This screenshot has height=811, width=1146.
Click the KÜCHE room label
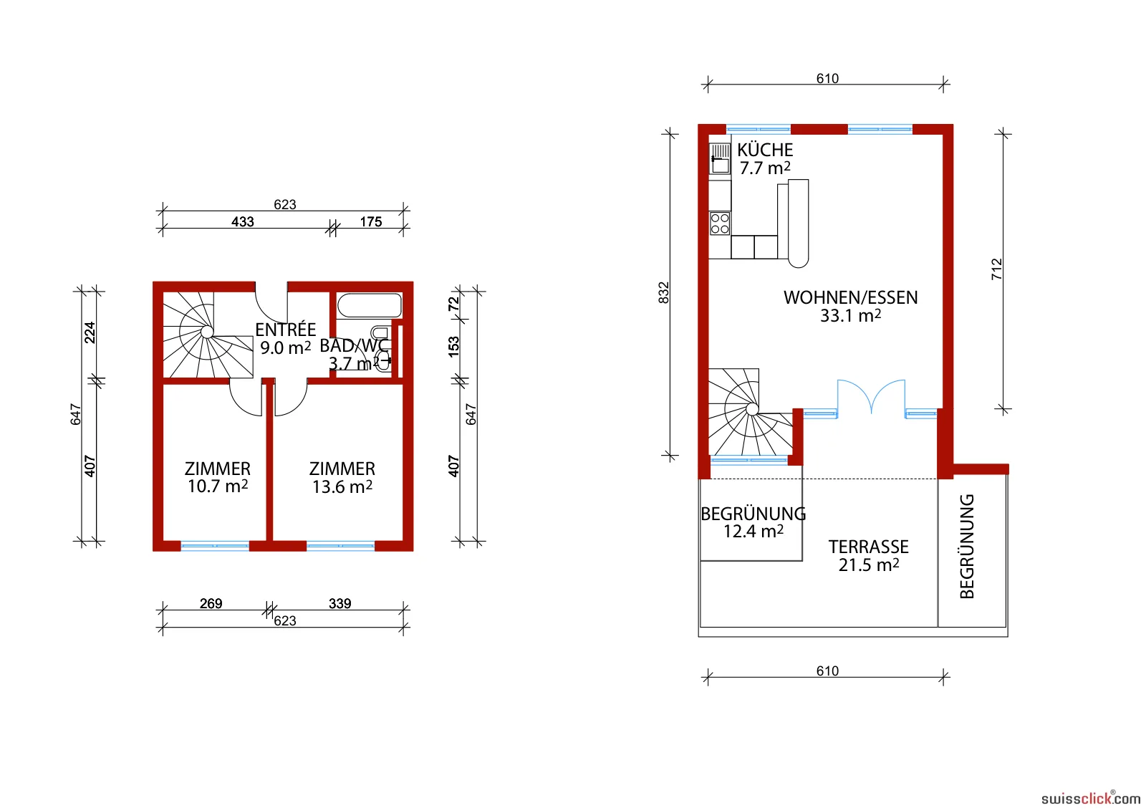765,150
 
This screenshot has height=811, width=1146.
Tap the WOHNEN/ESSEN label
850,298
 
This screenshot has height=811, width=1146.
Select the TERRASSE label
869,547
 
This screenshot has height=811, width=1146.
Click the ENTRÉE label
286,329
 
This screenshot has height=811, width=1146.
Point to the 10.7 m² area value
218,486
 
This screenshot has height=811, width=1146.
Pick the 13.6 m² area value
342,486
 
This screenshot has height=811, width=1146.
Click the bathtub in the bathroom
370,305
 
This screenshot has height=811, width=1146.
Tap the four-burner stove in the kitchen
720,224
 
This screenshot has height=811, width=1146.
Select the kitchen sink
720,158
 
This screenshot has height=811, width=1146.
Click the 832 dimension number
663,293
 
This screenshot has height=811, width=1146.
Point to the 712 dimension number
996,269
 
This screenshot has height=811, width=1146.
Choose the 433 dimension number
243,221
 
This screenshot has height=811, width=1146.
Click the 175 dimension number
371,221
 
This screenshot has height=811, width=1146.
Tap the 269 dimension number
211,604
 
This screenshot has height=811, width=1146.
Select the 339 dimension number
340,604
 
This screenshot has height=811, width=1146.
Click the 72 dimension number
454,304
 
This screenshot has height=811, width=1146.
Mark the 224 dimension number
90,332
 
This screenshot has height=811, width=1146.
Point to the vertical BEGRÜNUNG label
967,547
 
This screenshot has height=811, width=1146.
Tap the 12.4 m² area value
753,531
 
